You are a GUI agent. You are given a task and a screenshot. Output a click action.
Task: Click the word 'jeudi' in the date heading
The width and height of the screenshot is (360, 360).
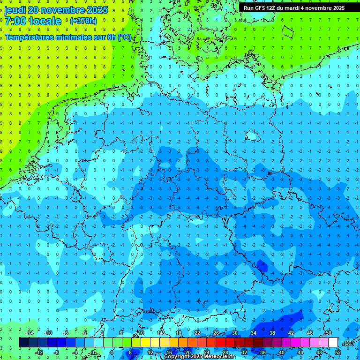(x=15, y=10)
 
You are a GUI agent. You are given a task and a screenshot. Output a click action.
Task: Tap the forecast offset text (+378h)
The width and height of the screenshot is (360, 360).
(x=83, y=21)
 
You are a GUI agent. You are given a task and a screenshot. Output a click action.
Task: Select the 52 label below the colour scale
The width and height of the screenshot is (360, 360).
(x=338, y=352)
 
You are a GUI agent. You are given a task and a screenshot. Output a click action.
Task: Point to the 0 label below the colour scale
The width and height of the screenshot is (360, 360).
(x=93, y=352)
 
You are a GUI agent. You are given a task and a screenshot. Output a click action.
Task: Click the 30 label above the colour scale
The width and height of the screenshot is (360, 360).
(x=234, y=333)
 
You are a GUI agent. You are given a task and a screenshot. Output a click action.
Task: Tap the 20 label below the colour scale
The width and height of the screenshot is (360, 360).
(x=187, y=352)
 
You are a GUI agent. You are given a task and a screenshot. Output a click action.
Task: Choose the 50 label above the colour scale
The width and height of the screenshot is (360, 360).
(x=328, y=333)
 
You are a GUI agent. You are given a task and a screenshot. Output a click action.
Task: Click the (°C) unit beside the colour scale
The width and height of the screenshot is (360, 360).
(x=348, y=343)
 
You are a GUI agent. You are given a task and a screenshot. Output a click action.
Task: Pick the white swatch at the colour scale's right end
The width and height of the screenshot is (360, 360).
(x=333, y=343)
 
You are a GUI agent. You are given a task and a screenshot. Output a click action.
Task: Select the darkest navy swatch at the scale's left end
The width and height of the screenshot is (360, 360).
(x=23, y=343)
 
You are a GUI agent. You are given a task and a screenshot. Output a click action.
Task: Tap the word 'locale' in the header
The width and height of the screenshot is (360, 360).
(x=45, y=21)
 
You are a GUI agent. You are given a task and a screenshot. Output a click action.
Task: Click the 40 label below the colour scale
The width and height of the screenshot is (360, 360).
(x=281, y=352)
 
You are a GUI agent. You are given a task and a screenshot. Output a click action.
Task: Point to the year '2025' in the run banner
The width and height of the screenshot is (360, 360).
(x=335, y=8)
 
